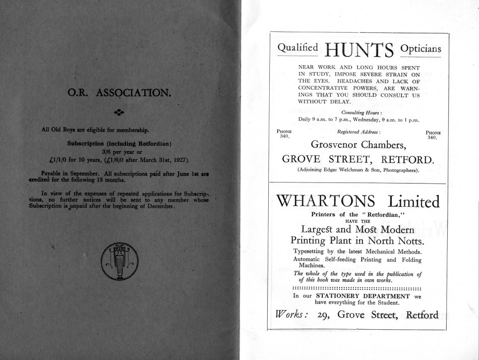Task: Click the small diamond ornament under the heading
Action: pyautogui.click(x=119, y=111)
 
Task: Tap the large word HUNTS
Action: pyautogui.click(x=359, y=51)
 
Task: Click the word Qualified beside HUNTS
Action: pyautogui.click(x=298, y=48)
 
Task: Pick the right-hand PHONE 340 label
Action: pyautogui.click(x=433, y=134)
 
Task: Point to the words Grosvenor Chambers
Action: pyautogui.click(x=358, y=145)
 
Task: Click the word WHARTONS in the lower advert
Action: pyautogui.click(x=326, y=202)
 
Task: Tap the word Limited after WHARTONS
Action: pyautogui.click(x=412, y=202)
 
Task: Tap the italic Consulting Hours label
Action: pyautogui.click(x=358, y=112)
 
